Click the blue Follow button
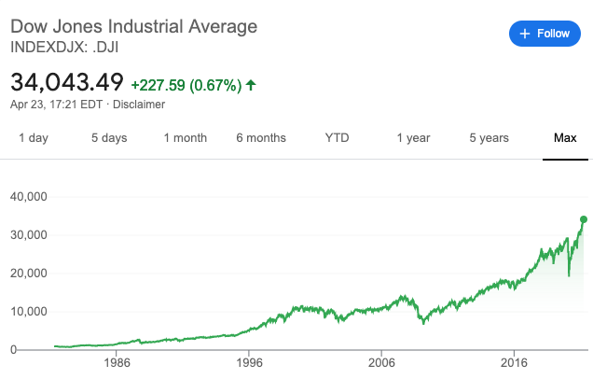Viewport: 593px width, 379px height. tap(545, 34)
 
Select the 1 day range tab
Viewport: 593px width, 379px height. tap(33, 138)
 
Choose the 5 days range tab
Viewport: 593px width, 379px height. tap(109, 138)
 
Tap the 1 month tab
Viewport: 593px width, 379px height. tap(185, 138)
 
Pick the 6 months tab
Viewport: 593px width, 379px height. tap(261, 138)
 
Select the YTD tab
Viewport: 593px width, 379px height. tap(337, 138)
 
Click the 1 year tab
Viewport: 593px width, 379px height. tap(413, 138)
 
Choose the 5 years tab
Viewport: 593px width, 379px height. tap(489, 138)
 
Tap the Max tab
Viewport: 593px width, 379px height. tap(565, 138)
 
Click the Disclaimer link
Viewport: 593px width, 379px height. tap(139, 104)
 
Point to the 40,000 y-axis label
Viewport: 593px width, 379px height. tap(30, 197)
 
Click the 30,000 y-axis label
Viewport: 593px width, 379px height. tap(30, 235)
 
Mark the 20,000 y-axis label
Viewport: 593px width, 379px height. tap(30, 274)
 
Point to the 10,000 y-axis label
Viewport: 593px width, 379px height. tap(30, 312)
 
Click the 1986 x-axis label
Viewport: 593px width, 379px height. tap(117, 362)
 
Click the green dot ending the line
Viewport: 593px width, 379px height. tap(584, 219)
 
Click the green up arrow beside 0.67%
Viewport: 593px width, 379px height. tap(251, 85)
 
